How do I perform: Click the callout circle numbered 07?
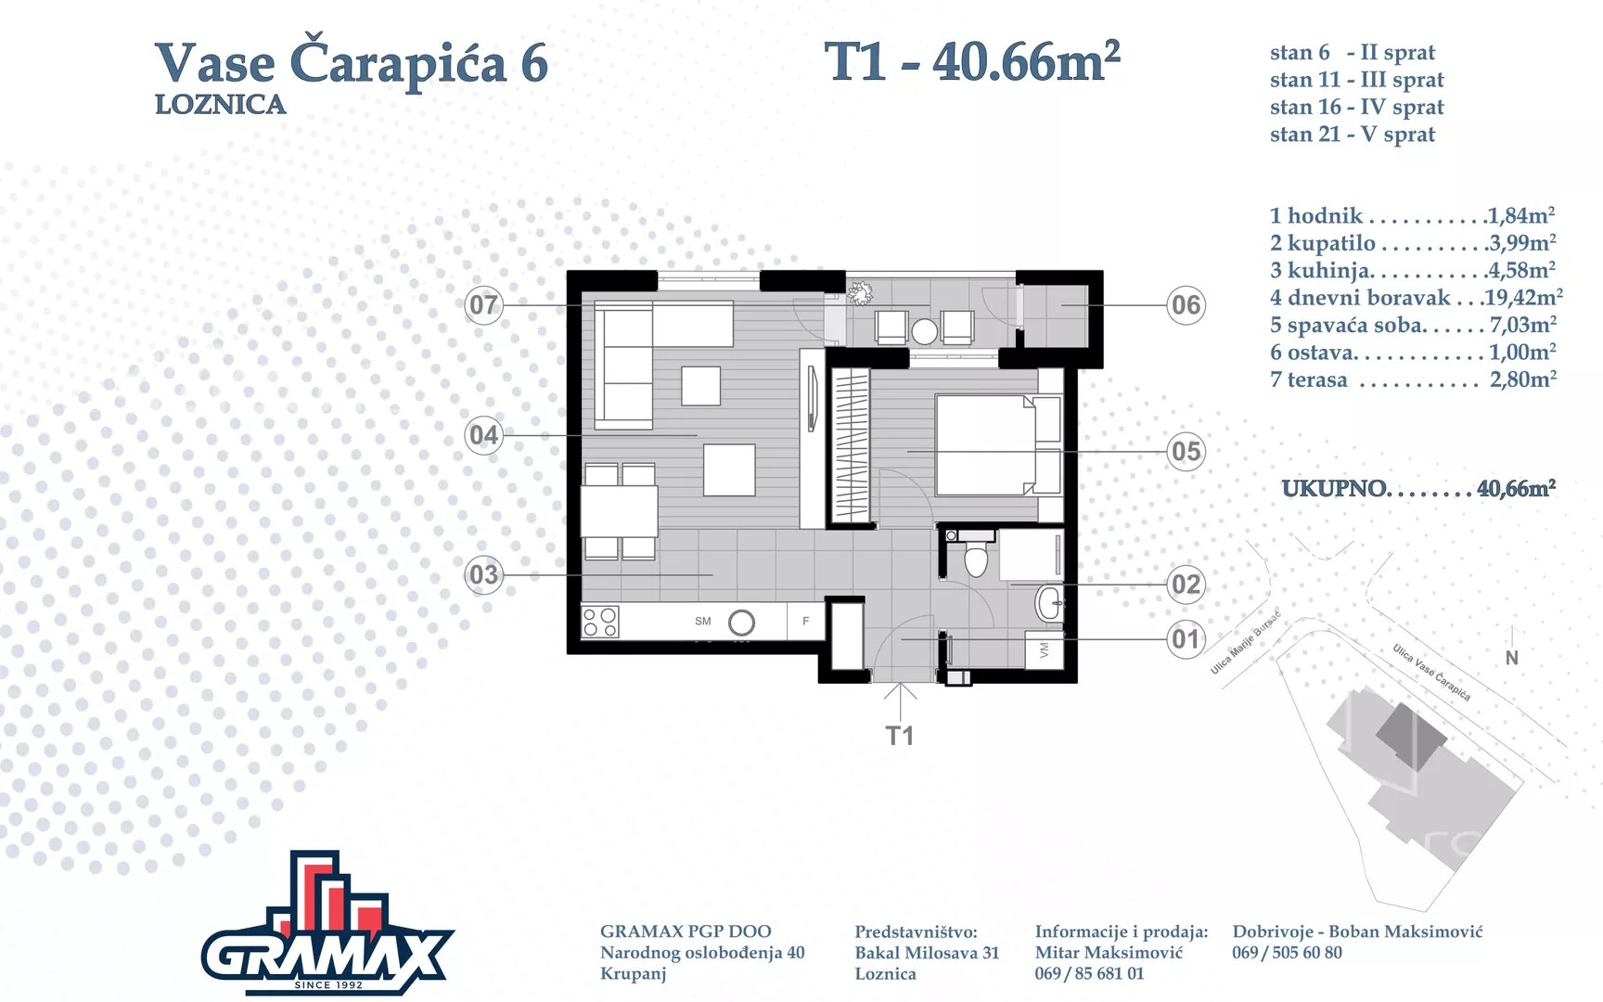pos(483,304)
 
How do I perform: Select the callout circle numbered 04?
pos(483,435)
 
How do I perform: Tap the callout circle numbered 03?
pos(483,575)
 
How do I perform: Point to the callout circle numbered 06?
pos(1186,304)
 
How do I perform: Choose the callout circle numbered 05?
pos(1186,452)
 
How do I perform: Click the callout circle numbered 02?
pos(1186,584)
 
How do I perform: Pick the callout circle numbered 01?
pos(1186,639)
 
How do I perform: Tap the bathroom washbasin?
pos(1049,603)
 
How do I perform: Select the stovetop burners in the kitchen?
pos(600,623)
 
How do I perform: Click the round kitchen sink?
pos(741,623)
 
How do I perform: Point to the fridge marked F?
pos(806,621)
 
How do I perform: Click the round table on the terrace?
pos(924,331)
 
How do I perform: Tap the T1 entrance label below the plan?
pos(900,736)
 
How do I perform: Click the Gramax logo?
pos(327,923)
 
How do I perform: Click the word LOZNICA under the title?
pos(220,105)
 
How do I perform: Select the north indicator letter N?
pos(1512,658)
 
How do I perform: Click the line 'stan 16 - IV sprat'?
pos(1356,108)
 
